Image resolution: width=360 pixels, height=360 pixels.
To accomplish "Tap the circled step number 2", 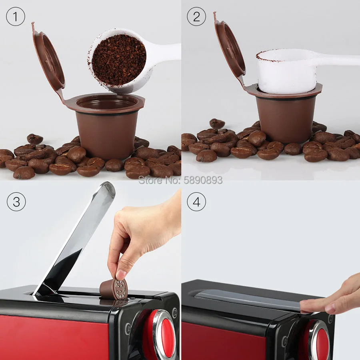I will click(196, 17).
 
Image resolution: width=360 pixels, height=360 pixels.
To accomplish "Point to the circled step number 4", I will click(196, 202).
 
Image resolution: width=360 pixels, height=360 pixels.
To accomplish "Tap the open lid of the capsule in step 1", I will click(48, 60).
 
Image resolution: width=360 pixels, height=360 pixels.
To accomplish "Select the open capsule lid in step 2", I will click(230, 48).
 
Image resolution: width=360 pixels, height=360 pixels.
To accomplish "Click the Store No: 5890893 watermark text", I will click(180, 180).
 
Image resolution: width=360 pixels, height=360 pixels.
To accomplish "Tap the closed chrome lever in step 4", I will click(248, 298).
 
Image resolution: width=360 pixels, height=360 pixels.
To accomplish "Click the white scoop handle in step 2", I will click(340, 60).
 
